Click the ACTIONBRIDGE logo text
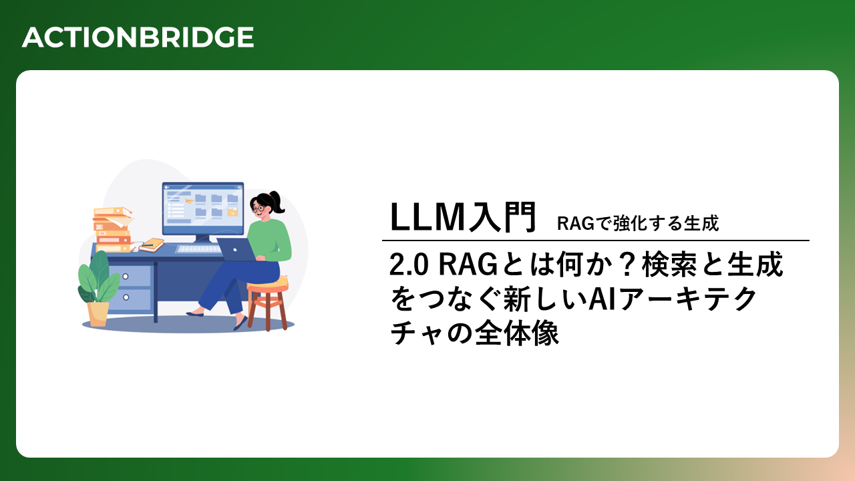[138, 37]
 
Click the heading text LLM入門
[463, 217]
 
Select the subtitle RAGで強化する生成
[638, 223]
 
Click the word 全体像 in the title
[517, 333]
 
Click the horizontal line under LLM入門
[595, 240]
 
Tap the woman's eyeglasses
[258, 208]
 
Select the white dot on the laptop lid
[235, 250]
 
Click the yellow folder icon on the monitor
[232, 212]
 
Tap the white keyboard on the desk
[198, 249]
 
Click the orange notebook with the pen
[152, 245]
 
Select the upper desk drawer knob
[126, 277]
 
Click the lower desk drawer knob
[126, 297]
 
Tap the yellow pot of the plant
[98, 314]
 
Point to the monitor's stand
[202, 240]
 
